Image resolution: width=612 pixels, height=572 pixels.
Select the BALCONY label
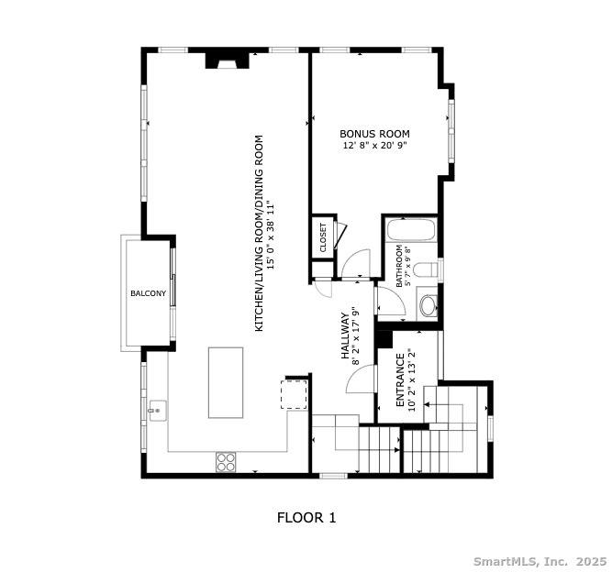(x=148, y=294)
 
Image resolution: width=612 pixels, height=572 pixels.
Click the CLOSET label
(x=323, y=238)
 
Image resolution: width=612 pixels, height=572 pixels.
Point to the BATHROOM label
(x=399, y=267)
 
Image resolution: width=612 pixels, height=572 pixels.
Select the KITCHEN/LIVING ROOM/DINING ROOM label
(x=259, y=234)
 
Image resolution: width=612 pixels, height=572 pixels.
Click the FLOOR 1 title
(x=306, y=518)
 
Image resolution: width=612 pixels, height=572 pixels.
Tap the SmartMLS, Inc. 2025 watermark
(x=539, y=560)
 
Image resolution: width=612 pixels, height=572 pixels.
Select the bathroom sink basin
(x=428, y=304)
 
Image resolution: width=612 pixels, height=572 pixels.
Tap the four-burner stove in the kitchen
(x=227, y=462)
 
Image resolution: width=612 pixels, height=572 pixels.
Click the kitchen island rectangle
(x=226, y=382)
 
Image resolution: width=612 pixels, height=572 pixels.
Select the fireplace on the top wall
(x=224, y=60)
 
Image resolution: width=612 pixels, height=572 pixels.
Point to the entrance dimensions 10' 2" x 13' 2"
(x=412, y=380)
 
